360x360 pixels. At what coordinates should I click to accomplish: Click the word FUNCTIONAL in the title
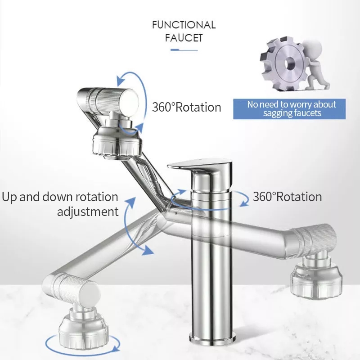[184, 24]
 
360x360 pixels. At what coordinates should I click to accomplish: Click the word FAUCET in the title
[184, 38]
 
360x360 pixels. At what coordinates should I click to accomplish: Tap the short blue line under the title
[184, 50]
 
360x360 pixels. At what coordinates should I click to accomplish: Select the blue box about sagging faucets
[291, 109]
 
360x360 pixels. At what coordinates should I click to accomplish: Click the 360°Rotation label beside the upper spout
[186, 107]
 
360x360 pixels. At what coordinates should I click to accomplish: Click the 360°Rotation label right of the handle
[287, 197]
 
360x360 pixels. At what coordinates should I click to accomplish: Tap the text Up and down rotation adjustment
[61, 204]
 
